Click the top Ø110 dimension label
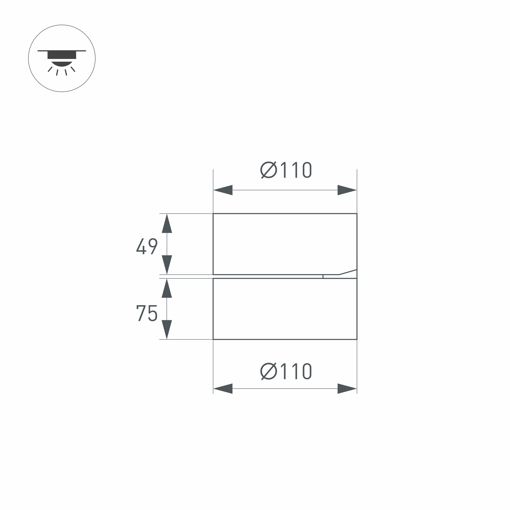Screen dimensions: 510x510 click(x=286, y=170)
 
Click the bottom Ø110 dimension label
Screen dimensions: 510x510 click(x=286, y=372)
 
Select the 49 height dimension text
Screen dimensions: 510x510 click(x=147, y=246)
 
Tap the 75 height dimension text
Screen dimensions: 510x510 click(x=147, y=313)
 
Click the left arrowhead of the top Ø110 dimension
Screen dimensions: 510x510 click(x=223, y=190)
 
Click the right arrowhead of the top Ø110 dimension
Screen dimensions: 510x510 click(x=347, y=190)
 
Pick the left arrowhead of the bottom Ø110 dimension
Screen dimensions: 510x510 click(x=223, y=389)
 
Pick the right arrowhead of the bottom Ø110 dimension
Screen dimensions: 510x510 click(x=347, y=389)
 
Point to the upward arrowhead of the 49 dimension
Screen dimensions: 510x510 click(x=167, y=224)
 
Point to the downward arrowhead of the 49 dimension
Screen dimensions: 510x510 click(x=167, y=264)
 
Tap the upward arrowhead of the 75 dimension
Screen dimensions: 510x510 click(x=167, y=289)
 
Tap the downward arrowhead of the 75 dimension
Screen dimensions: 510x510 click(x=167, y=329)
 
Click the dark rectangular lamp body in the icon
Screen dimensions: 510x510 click(x=62, y=55)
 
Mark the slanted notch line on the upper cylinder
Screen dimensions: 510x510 click(x=348, y=272)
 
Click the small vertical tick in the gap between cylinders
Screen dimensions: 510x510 click(x=323, y=276)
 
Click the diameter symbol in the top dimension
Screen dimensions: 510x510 click(x=269, y=170)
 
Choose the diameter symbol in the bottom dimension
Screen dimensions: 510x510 click(x=269, y=372)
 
